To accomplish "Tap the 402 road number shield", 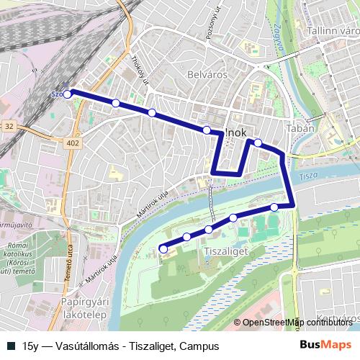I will (73, 144).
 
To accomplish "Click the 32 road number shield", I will (9, 125).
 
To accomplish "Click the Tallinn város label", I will (332, 31).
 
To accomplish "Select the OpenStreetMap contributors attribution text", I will (297, 323).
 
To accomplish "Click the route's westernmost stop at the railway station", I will (67, 94).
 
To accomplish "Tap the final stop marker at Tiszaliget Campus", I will (163, 249).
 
